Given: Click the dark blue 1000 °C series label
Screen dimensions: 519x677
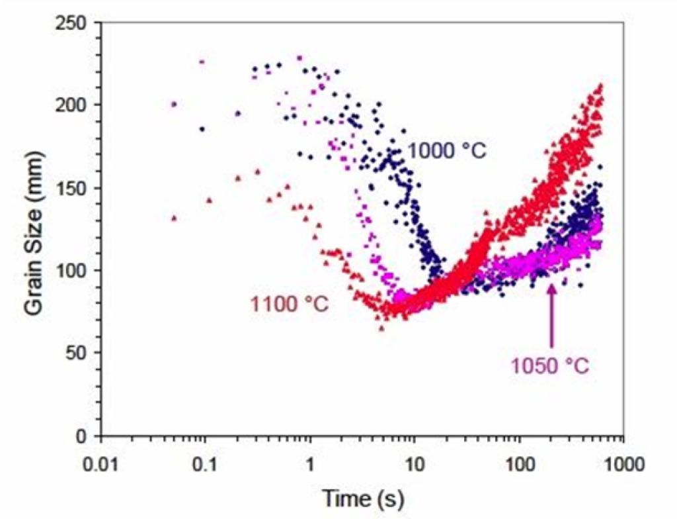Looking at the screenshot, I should pos(446,151).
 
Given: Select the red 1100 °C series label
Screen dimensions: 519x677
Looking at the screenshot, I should pos(290,304).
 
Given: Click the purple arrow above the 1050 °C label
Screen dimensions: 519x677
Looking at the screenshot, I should pos(550,318).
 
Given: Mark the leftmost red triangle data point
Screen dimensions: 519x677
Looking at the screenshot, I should pos(175,218).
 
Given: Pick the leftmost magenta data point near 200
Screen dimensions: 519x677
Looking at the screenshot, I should pos(174,104).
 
